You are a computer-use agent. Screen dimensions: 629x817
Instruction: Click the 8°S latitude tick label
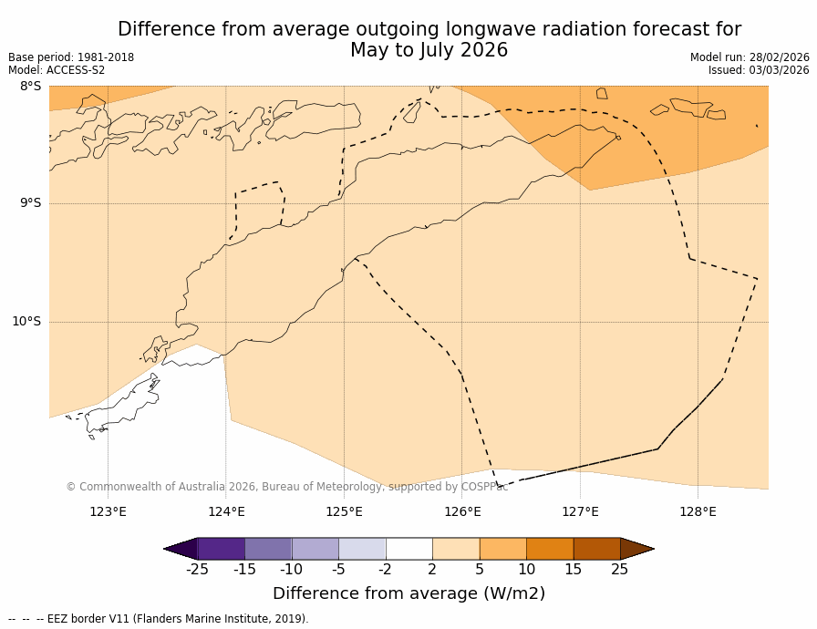pos(30,87)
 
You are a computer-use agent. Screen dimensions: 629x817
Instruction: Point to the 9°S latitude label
pos(30,203)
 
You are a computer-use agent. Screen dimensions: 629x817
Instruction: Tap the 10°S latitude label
pos(26,321)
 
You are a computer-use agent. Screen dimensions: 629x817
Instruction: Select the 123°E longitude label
pos(108,511)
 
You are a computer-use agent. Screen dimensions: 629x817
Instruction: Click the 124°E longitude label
pos(226,511)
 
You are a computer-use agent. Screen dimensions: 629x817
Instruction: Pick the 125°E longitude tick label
pos(344,511)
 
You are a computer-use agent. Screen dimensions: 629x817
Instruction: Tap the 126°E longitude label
pos(462,511)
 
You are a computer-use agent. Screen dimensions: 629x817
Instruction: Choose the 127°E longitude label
pos(580,511)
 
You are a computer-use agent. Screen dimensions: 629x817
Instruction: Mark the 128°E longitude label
pos(698,511)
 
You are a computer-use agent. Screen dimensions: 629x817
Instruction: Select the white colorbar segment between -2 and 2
pos(408,549)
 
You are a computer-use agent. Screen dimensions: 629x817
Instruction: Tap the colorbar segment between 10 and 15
pos(550,549)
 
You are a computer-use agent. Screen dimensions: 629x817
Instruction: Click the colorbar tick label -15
pos(244,570)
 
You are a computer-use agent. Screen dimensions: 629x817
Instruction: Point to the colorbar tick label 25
pos(620,570)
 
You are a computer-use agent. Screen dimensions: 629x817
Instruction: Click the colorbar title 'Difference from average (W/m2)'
pos(408,593)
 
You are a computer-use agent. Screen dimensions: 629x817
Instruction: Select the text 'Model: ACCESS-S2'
pos(57,70)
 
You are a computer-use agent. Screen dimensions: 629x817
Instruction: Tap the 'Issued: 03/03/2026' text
pos(759,70)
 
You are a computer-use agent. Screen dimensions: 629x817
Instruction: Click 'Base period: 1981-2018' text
pos(71,57)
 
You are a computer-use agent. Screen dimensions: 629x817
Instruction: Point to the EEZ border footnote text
pos(159,619)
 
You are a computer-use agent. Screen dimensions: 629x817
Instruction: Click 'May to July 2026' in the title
pos(429,50)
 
